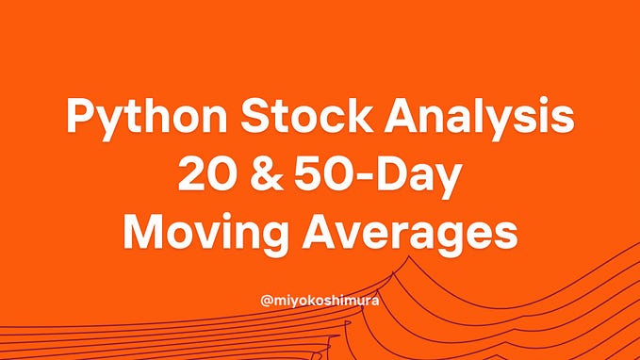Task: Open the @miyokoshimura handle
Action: pyautogui.click(x=320, y=303)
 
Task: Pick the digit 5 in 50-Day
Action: pyautogui.click(x=307, y=176)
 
